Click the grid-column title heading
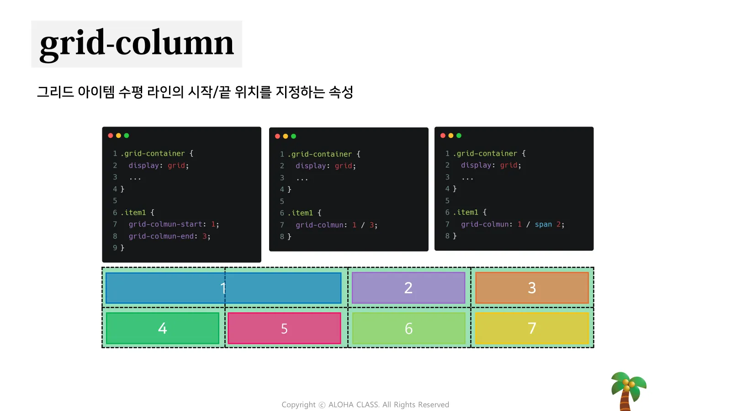pos(137,44)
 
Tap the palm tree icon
pos(628,390)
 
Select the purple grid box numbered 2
pos(408,288)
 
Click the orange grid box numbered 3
pos(532,288)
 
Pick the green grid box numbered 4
pos(163,328)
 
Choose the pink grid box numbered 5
pos(284,328)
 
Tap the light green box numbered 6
pos(408,328)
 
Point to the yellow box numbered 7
pos(532,328)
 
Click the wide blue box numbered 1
pos(223,288)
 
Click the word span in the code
pos(543,224)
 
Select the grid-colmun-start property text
pos(165,224)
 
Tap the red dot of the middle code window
pos(277,136)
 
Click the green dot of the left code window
pos(127,136)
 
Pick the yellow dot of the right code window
pos(451,136)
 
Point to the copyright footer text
pos(365,405)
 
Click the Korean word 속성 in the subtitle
pos(341,92)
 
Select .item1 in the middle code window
pos(302,213)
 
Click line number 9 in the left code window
pos(115,248)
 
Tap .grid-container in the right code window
pos(487,153)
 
